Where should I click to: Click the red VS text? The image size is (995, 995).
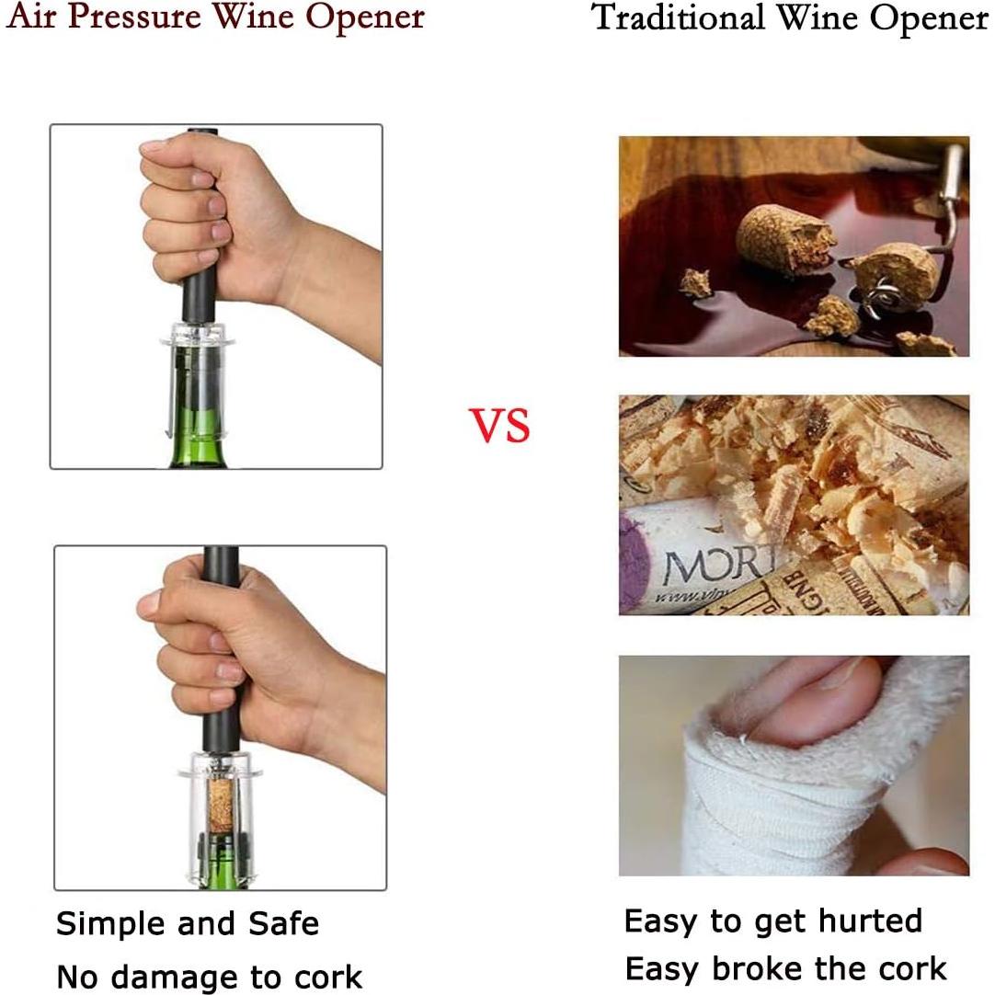click(x=500, y=425)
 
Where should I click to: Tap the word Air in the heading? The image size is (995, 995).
click(x=30, y=17)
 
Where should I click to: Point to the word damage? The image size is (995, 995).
click(x=192, y=977)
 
